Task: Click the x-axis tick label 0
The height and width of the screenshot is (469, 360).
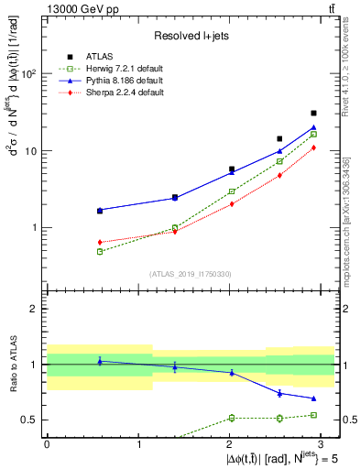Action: pos(47,442)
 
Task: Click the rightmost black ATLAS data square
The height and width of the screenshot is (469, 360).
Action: pos(313,114)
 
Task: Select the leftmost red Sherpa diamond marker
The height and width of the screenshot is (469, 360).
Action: pos(74,242)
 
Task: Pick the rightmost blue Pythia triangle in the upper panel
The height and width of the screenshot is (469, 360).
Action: pos(313,127)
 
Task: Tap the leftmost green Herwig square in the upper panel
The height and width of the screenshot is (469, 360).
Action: pos(74,251)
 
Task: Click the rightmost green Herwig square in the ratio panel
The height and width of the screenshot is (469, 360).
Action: pos(313,415)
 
